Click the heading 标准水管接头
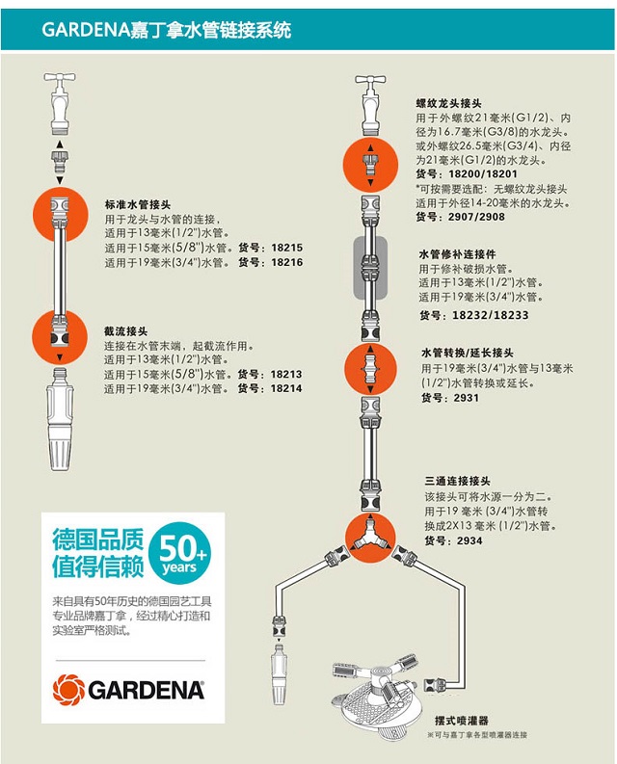coord(137,204)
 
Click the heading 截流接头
coord(125,330)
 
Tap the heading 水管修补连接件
coord(455,254)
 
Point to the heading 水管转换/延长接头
coord(467,353)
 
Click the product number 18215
coord(286,248)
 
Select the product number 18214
coord(286,388)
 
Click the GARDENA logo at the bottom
coord(129,689)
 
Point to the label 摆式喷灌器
coord(462,719)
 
